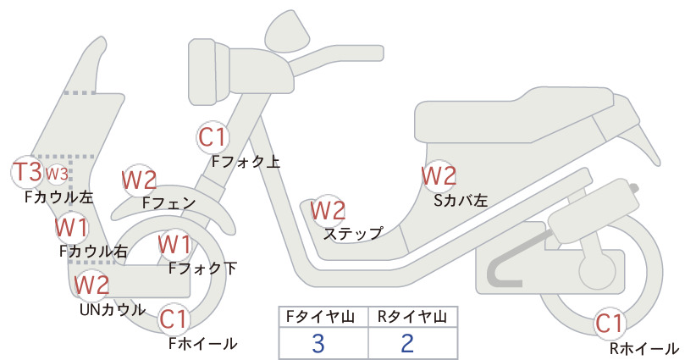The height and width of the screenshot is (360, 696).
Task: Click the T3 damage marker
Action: [28, 172]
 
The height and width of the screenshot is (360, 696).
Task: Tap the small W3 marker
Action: [58, 174]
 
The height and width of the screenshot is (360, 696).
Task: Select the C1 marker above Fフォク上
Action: [213, 137]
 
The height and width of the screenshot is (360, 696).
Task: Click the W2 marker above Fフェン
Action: [140, 180]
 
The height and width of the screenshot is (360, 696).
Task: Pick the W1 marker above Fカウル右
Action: [72, 228]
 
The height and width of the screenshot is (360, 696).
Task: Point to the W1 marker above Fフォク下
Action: [175, 245]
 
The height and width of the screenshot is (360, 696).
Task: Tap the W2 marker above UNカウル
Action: [91, 285]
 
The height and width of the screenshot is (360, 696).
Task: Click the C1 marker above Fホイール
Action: [174, 319]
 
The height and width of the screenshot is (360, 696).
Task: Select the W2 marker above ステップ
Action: [328, 211]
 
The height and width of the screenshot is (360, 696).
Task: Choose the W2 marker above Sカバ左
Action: [439, 176]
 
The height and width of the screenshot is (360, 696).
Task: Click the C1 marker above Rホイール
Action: [610, 324]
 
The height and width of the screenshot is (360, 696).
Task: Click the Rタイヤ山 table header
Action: [412, 317]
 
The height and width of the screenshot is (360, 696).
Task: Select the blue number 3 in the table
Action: [318, 343]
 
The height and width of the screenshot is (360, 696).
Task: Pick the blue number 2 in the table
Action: [407, 343]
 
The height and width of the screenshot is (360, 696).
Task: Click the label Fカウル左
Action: [59, 197]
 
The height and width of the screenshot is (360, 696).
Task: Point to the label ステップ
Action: [353, 234]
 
